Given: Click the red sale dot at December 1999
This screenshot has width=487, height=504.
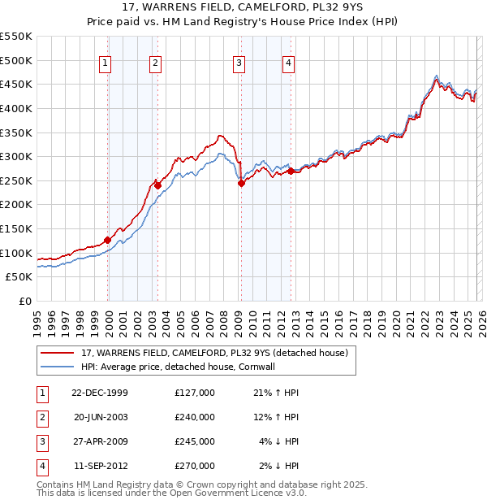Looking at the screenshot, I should click(107, 240).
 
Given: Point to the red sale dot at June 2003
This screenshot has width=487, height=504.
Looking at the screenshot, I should click(157, 185).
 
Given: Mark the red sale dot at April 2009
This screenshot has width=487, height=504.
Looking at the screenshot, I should click(241, 183).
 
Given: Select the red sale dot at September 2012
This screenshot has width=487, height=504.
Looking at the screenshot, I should click(290, 171).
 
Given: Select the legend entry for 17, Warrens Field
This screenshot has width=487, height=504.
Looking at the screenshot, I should click(214, 353).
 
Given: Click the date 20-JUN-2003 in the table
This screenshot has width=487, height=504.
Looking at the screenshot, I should click(101, 417).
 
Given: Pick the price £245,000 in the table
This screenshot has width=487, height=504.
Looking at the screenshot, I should click(195, 441).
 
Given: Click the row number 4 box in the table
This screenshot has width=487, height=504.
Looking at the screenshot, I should click(41, 466).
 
